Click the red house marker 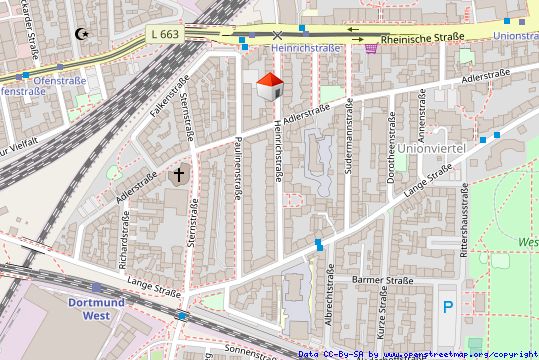tap(268, 86)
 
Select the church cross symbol tap(179, 176)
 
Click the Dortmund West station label tap(96, 308)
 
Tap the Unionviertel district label tap(432, 148)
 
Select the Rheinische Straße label tap(423, 36)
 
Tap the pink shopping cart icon tap(372, 47)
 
